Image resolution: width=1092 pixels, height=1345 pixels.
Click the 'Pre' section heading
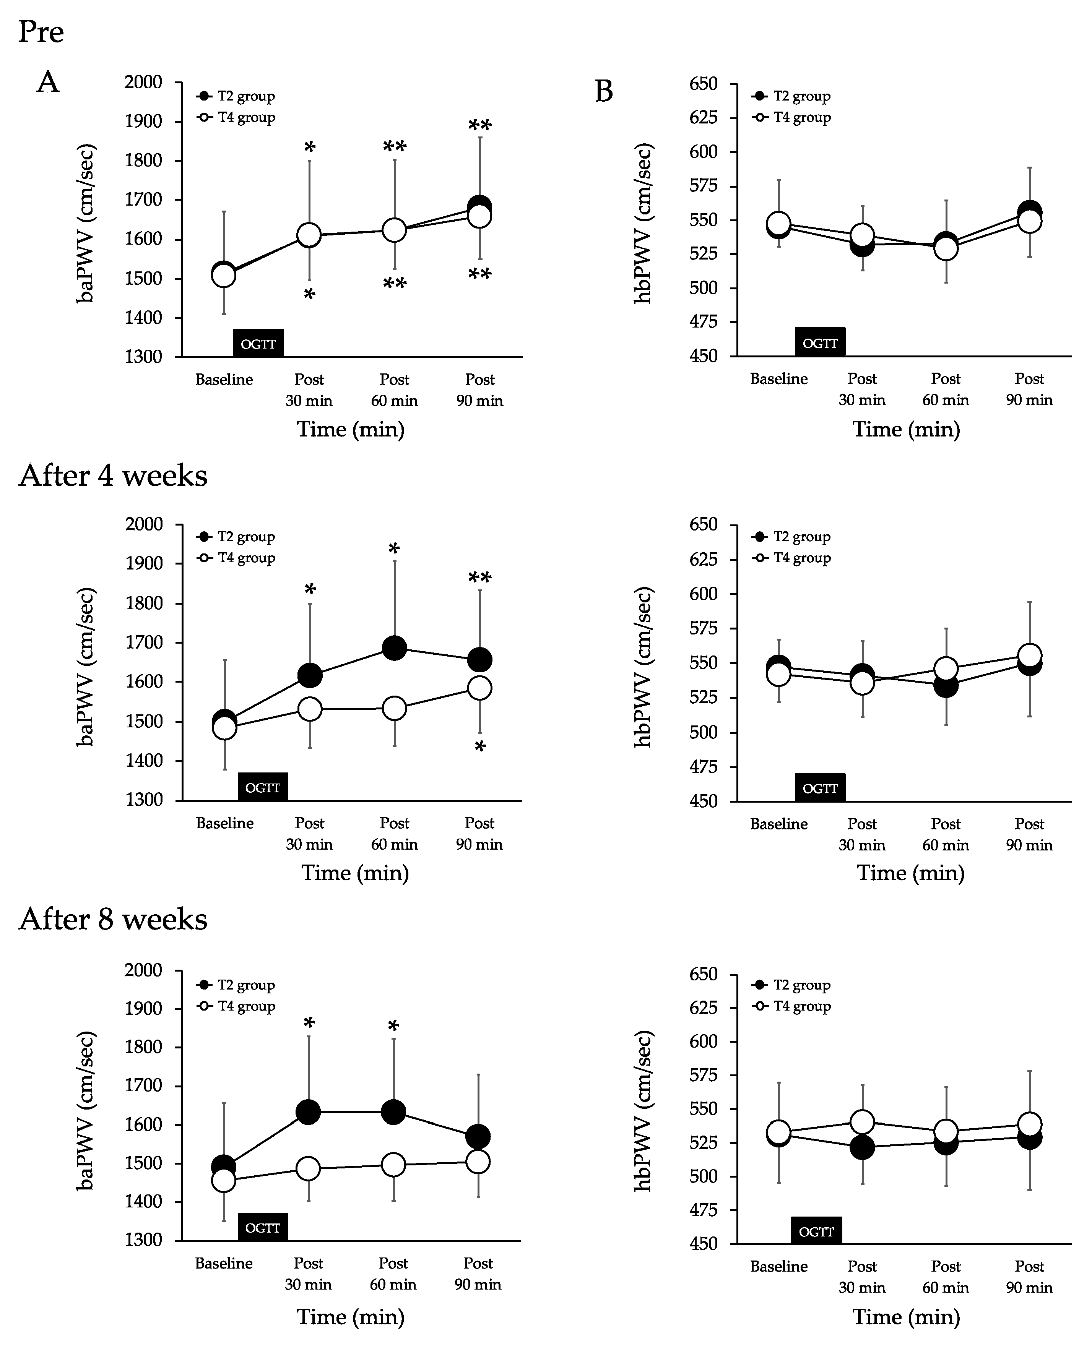[41, 31]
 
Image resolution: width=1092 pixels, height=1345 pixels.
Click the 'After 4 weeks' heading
[113, 476]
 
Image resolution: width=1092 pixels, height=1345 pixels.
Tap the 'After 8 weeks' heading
[113, 919]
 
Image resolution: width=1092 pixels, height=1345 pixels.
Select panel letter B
[604, 92]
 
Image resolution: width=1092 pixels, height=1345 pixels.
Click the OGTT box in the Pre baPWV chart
[258, 343]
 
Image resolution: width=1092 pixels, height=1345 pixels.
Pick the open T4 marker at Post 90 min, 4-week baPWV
[480, 688]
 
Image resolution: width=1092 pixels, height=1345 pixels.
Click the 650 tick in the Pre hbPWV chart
[703, 84]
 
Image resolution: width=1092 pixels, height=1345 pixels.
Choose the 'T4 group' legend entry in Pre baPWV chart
[246, 118]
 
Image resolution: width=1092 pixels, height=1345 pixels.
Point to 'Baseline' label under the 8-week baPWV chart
[224, 1263]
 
